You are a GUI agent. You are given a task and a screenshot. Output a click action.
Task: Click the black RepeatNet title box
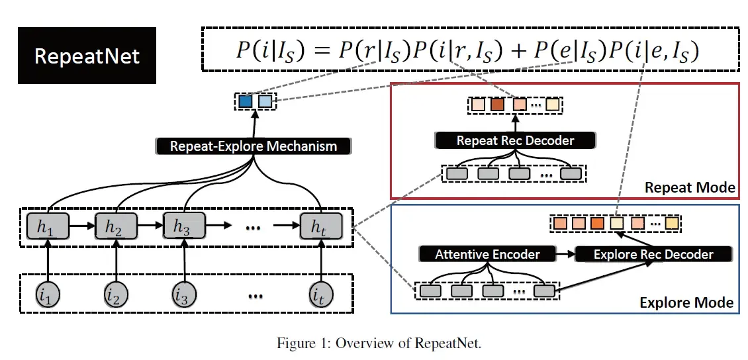[x=87, y=56]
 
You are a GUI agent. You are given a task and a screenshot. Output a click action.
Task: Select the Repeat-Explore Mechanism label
[x=254, y=146]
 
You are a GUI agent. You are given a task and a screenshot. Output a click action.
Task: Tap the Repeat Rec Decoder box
[x=515, y=140]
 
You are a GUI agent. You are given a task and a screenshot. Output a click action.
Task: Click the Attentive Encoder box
[x=487, y=254]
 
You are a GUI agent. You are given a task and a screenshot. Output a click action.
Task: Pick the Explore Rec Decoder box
[x=653, y=254]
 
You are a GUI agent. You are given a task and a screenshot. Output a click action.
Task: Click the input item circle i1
[x=47, y=294]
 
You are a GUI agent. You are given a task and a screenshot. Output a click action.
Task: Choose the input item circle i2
[x=116, y=294]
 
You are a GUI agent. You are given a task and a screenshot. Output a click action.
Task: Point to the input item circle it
[x=321, y=294]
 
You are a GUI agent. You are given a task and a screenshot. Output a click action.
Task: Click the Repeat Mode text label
[x=690, y=188]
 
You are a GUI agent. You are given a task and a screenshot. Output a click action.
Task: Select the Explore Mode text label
[x=686, y=302]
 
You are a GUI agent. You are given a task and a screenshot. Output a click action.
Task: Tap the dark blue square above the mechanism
[x=246, y=102]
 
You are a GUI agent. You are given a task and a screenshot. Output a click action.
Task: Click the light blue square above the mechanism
[x=265, y=102]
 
